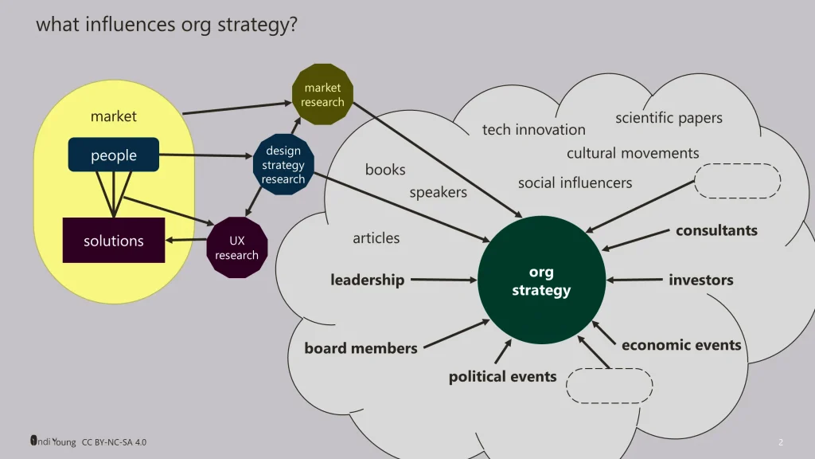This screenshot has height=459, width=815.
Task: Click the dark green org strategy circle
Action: coord(541,280)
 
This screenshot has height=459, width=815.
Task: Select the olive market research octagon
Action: coord(322,95)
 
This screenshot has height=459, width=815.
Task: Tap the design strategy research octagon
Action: coord(283,165)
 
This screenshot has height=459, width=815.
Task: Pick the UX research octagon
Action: coord(236,248)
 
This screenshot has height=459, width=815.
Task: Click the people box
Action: coord(114,155)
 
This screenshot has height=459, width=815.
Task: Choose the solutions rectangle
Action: coord(114,241)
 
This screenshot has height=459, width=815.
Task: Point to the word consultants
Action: coord(716,230)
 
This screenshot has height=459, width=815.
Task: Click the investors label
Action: coord(700,280)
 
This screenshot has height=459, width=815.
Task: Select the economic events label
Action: coord(681,345)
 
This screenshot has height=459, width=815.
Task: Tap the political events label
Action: coord(502,376)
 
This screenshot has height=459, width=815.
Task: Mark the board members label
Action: coord(361,348)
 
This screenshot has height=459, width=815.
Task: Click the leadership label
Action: coord(367,280)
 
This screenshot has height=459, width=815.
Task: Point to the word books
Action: coord(385,170)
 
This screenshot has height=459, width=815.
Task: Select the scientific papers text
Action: coord(669,118)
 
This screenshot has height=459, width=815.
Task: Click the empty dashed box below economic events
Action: coord(609,386)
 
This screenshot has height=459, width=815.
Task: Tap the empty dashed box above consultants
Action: coord(737,181)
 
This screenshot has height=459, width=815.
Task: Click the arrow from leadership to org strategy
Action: coord(443,280)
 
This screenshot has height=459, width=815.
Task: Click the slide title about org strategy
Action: coord(166,24)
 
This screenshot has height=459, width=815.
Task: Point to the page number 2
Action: coord(781,442)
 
